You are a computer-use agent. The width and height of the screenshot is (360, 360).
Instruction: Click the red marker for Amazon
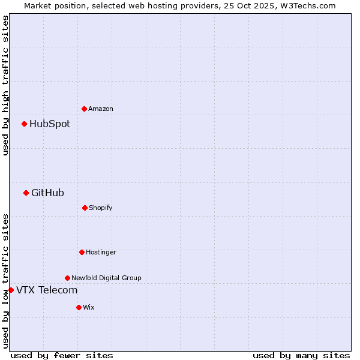[x=84, y=109]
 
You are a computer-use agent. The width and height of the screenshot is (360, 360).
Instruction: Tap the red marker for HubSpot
[x=25, y=124]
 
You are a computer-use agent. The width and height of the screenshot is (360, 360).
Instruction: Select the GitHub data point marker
[x=26, y=193]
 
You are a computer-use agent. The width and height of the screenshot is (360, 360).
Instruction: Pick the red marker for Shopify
[x=85, y=208]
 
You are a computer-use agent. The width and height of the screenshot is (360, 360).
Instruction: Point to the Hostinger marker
[x=82, y=252]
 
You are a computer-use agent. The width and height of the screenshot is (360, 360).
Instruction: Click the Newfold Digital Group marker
[x=67, y=278]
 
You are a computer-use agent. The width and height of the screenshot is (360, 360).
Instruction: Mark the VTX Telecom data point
[x=11, y=290]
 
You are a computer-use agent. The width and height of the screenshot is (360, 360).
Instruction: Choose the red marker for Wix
[x=79, y=307]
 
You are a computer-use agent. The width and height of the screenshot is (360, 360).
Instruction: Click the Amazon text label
[x=101, y=109]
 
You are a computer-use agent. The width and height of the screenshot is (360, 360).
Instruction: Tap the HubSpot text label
[x=50, y=124]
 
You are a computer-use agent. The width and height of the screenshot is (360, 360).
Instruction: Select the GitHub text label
[x=47, y=193]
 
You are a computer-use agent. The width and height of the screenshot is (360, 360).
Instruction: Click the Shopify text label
[x=101, y=208]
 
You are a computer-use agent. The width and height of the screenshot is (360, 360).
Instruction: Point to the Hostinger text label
[x=101, y=252]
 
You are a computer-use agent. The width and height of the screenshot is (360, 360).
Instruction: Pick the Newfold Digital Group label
[x=106, y=278]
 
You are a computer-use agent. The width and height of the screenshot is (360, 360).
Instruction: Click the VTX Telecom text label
[x=47, y=290]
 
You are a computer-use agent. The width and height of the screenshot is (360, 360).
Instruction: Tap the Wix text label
[x=89, y=307]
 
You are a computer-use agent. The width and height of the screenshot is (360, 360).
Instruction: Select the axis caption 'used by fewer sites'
[x=62, y=355]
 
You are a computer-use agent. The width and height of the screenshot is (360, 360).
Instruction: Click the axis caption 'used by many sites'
[x=301, y=355]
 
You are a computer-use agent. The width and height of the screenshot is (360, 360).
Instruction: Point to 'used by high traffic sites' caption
[x=5, y=85]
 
